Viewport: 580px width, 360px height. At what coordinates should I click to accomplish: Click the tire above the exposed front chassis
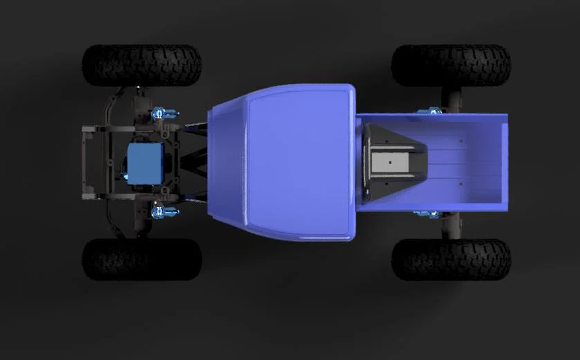click(142, 65)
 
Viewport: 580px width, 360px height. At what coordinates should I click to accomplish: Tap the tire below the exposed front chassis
click(142, 260)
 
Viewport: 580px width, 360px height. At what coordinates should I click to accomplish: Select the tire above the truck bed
click(451, 65)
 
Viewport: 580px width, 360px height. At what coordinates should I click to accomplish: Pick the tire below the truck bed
click(451, 260)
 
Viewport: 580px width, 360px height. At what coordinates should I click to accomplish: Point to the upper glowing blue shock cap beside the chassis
click(161, 113)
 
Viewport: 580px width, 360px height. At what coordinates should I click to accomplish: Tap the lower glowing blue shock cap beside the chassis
click(161, 212)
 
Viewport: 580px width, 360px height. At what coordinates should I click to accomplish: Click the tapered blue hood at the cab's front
click(225, 163)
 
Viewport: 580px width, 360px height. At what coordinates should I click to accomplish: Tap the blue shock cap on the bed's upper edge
click(433, 111)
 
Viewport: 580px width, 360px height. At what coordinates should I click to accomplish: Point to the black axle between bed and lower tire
click(453, 224)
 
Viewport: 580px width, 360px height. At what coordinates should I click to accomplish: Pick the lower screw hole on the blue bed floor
click(462, 184)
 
